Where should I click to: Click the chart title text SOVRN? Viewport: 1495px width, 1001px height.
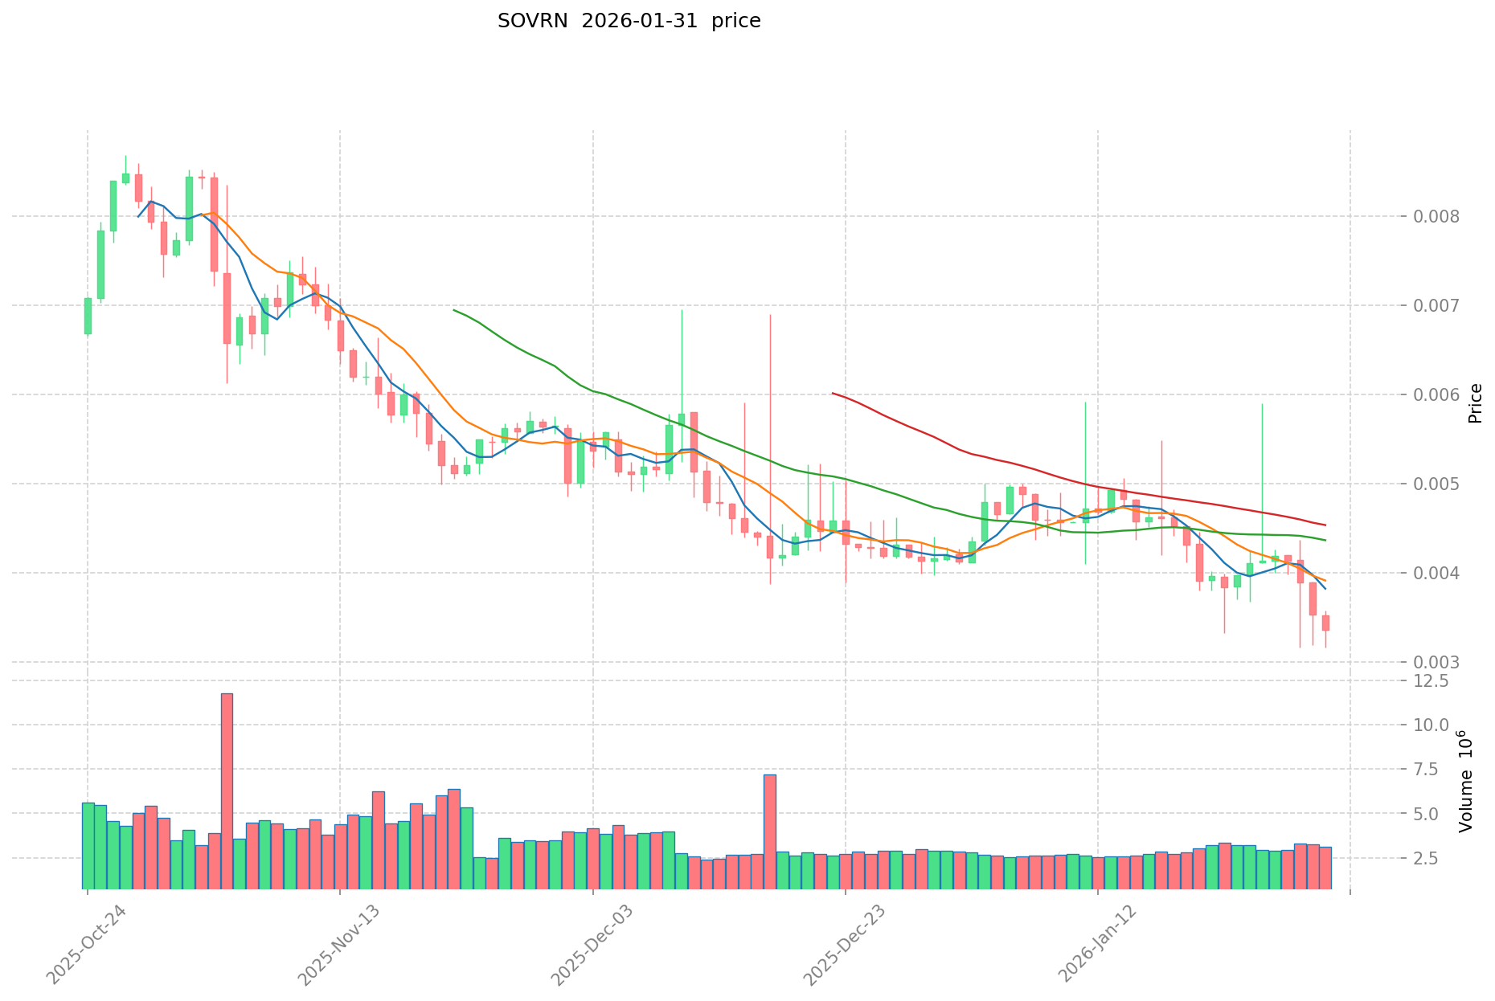(x=528, y=22)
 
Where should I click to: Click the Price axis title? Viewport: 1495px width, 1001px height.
(x=1475, y=403)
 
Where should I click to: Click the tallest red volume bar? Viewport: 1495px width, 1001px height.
(x=227, y=791)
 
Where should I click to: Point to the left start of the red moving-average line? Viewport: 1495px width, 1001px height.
(x=833, y=393)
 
